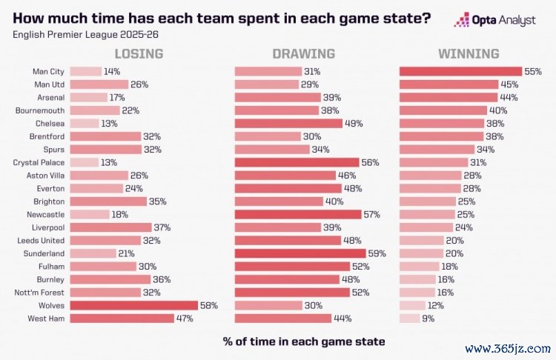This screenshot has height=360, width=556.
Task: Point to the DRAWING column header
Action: click(303, 54)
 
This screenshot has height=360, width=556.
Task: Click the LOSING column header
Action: click(139, 54)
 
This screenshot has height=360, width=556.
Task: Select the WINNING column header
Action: click(468, 54)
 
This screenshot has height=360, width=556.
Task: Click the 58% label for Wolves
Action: click(209, 305)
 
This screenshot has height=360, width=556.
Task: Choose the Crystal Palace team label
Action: click(39, 162)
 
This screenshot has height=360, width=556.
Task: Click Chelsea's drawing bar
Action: click(288, 124)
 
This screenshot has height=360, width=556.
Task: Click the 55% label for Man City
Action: click(533, 72)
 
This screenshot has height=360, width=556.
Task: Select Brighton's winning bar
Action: click(428, 201)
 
